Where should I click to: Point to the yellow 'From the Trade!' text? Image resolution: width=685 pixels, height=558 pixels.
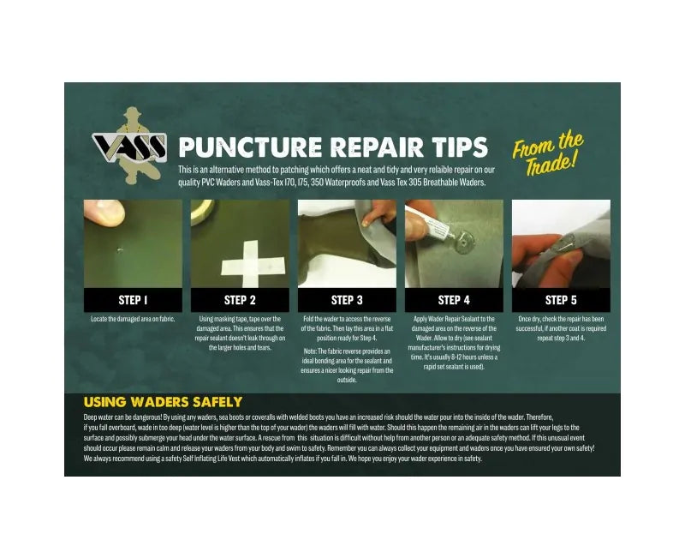click(548, 149)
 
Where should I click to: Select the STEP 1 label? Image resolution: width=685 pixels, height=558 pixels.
click(133, 300)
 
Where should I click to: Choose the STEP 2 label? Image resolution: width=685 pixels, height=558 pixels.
click(240, 300)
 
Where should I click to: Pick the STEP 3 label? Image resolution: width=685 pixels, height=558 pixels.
click(347, 300)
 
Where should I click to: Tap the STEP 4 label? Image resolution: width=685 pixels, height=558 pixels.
click(454, 300)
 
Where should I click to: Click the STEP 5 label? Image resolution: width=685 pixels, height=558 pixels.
click(561, 300)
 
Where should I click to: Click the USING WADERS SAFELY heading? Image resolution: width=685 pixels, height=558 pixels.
click(163, 402)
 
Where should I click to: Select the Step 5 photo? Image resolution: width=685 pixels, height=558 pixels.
click(561, 243)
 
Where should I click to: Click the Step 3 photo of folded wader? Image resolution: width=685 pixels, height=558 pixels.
click(347, 243)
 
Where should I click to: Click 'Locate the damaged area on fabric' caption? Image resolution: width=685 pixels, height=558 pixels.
click(133, 320)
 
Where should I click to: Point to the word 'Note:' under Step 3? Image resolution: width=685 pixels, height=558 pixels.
click(311, 351)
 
